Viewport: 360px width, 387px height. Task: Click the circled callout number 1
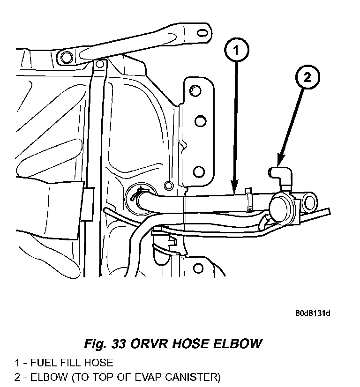[237, 50]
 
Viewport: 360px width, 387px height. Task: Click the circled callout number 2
[307, 77]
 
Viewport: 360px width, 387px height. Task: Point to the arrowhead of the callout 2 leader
[280, 160]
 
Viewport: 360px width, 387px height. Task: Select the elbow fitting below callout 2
[281, 177]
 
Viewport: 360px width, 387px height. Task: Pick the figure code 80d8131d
[313, 313]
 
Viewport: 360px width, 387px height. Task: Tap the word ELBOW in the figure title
[237, 343]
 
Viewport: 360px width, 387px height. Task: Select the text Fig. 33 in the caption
[105, 343]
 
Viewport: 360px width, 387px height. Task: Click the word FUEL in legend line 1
[43, 363]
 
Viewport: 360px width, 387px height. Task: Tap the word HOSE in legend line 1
[98, 363]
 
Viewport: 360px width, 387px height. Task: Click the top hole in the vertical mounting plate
[195, 91]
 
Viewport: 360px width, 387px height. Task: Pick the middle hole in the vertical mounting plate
[201, 121]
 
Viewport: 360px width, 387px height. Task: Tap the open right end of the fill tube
[309, 202]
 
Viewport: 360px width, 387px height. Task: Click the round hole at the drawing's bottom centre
[198, 268]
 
